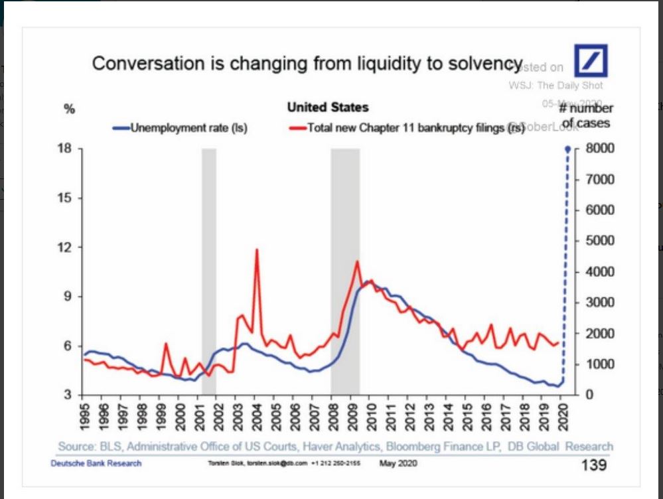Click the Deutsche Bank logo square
click(590, 61)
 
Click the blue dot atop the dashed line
click(568, 149)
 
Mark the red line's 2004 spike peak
click(257, 249)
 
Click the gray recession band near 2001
click(209, 265)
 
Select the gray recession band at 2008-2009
click(345, 265)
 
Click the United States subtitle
click(327, 107)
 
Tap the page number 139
click(593, 464)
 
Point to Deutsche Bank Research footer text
click(96, 463)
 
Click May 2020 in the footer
click(398, 463)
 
